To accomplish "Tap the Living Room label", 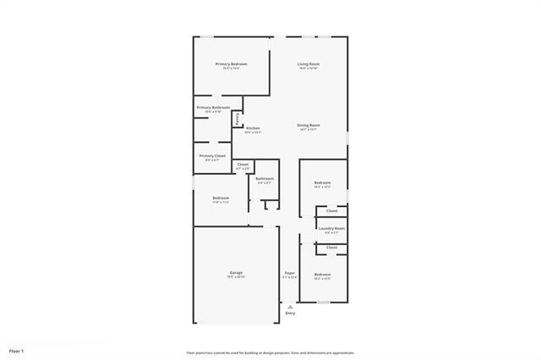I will pos(309,63).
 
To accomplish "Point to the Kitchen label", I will pos(253,128).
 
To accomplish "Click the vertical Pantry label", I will pos(238,118).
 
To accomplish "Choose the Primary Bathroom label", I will pos(213,107).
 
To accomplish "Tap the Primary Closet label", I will pos(212,155).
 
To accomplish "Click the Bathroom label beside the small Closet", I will pos(265,178).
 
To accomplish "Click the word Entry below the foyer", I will pos(290,314).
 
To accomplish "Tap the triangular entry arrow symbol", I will pos(290,306).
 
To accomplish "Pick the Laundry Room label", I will pos(331,228).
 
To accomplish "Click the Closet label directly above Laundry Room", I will pos(331,210).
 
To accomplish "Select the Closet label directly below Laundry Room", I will pos(331,247).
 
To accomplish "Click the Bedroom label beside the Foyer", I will pos(322,275).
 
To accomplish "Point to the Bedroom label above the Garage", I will pos(220,198).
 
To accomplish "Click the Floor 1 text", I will pos(17,350).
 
